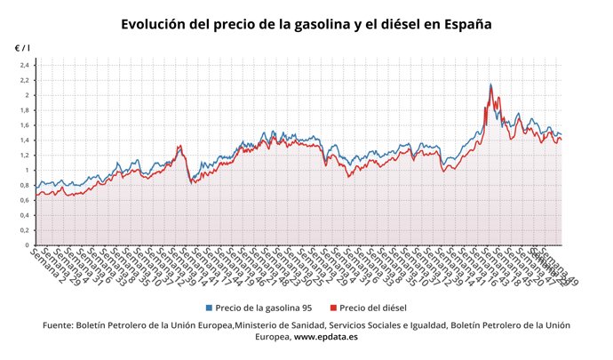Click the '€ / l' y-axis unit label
coord(21,47)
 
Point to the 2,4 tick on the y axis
coord(25,66)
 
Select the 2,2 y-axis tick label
coord(25,81)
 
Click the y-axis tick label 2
coord(28,95)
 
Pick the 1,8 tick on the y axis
coord(25,110)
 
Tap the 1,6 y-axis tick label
coord(25,125)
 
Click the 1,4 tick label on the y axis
coord(25,140)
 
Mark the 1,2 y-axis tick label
coord(25,156)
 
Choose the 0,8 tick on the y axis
coord(25,185)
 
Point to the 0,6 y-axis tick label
coord(25,200)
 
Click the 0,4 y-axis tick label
coord(25,215)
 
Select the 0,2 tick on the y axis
coord(25,230)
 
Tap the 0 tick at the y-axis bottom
coord(28,244)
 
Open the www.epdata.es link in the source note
coord(326,338)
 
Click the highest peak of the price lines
coord(490,84)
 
